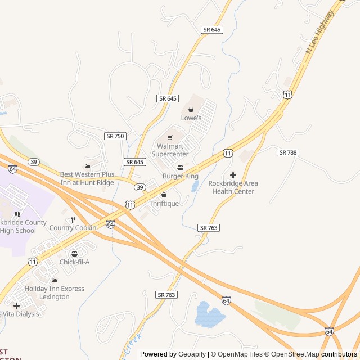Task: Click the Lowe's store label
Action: coord(191,118)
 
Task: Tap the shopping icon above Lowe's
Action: coord(191,110)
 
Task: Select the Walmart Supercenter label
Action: coord(170,150)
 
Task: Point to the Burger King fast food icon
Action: coord(180,168)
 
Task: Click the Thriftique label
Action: coord(164,203)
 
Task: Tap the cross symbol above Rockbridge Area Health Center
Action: coord(233,175)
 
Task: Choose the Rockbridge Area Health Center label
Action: coord(233,187)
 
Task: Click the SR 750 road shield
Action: coord(115,136)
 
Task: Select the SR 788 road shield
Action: coord(288,152)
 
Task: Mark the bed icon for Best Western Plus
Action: coord(87,166)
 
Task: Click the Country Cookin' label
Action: coord(73,228)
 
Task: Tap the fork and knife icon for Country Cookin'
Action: coord(73,219)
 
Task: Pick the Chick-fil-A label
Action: coord(74,262)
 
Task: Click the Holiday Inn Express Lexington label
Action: coord(54,292)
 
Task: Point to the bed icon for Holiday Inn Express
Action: coord(54,281)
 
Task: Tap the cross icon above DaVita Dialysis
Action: coord(16,305)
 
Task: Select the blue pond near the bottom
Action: coord(209,315)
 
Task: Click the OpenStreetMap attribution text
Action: coord(291,354)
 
